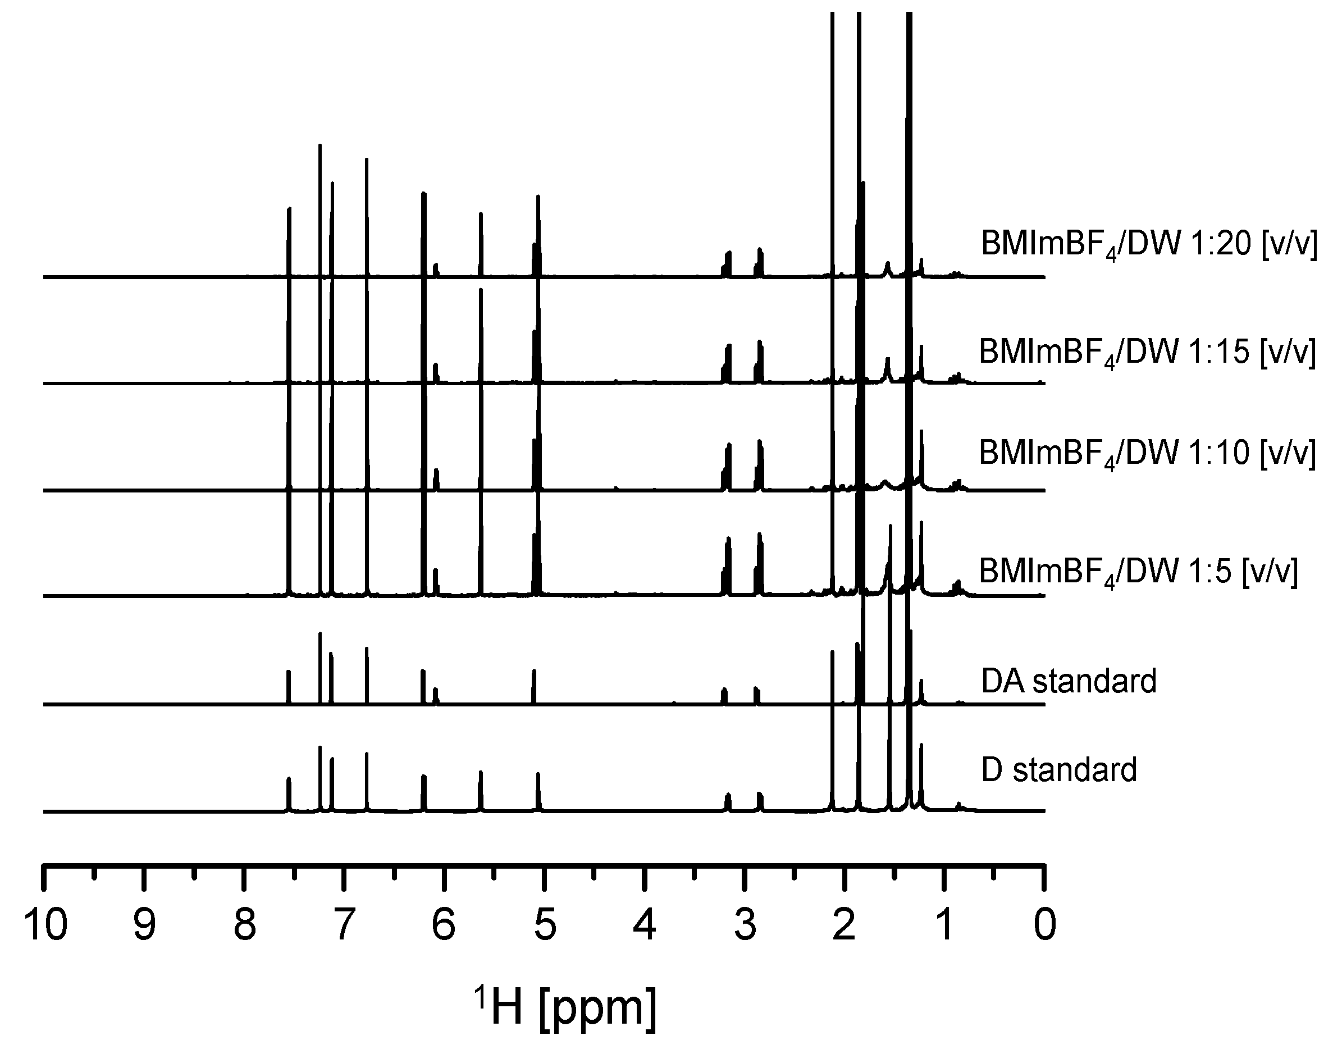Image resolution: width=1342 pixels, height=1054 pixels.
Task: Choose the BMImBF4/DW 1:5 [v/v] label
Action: pos(1138,572)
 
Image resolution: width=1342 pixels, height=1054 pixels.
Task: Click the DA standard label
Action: pos(1069,681)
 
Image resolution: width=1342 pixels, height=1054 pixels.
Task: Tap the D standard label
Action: pos(1059,770)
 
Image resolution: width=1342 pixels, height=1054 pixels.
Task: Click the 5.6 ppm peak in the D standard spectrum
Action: pos(481,790)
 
